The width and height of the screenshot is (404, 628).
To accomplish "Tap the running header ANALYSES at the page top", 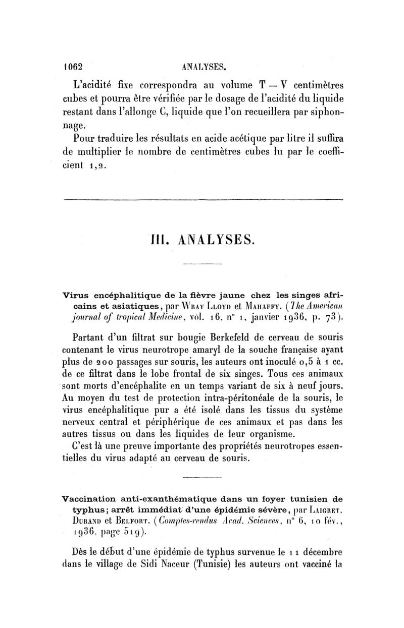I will [x=203, y=66].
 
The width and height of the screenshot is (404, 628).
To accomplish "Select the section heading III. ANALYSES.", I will [x=204, y=239].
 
